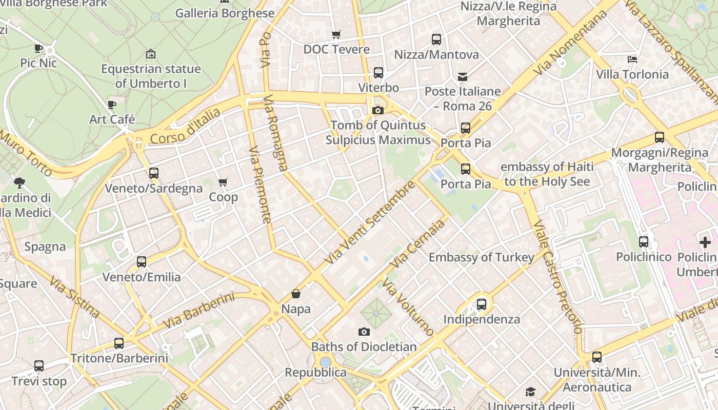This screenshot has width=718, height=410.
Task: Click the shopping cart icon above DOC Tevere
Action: [336, 34]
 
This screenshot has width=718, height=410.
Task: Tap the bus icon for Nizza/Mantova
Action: [436, 39]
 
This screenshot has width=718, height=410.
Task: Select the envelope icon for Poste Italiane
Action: [463, 77]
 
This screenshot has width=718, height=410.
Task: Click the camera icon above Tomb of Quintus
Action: [378, 110]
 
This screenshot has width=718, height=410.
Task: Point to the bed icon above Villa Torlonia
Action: [632, 59]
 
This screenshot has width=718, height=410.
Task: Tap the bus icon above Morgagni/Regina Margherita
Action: [660, 137]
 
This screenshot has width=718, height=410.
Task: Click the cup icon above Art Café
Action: [112, 105]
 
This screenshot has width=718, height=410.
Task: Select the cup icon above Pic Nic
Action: [38, 48]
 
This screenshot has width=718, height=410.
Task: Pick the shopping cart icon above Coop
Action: [223, 182]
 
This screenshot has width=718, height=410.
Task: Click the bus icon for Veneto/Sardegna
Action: [154, 173]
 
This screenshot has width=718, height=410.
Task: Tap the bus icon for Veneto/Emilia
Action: [142, 262]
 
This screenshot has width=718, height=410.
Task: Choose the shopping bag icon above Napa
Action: [296, 294]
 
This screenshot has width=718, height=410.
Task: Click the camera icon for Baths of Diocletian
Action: [364, 332]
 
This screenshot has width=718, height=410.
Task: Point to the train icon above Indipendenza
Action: [482, 304]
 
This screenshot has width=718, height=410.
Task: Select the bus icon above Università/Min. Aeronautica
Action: [597, 357]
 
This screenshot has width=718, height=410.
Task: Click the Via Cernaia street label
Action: [417, 244]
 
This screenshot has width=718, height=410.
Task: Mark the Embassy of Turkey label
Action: [482, 257]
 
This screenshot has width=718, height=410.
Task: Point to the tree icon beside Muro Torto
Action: [19, 182]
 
